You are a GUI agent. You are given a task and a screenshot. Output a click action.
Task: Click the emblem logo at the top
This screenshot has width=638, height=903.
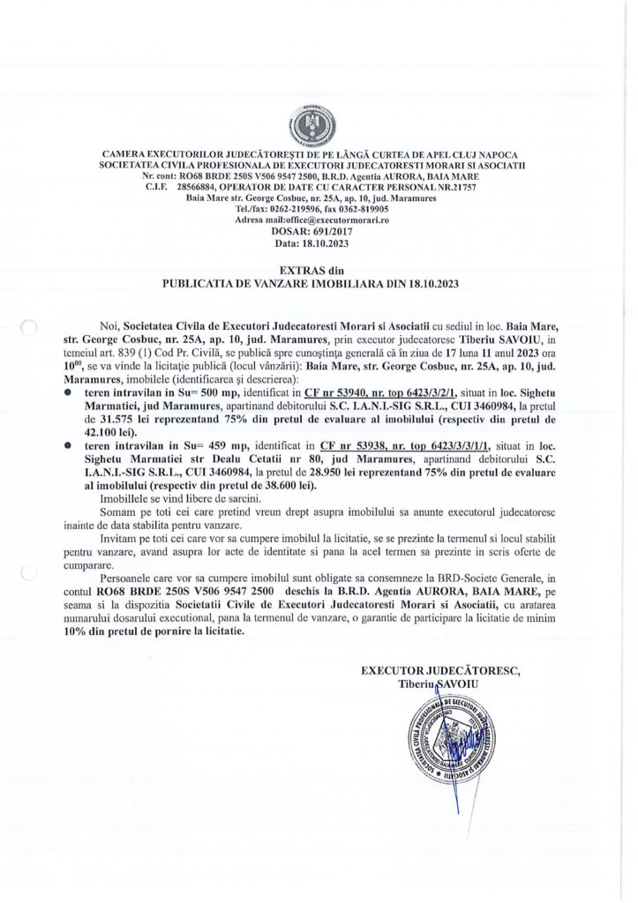319,123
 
